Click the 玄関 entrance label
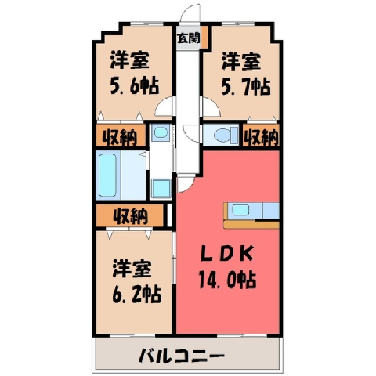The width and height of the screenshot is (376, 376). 188,38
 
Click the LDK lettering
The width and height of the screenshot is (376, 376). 226,253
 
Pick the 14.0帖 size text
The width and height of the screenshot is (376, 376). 227,280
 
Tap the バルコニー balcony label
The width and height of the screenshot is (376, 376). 181,356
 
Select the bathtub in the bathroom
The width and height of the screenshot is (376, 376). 107,175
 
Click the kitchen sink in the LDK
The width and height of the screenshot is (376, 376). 240,210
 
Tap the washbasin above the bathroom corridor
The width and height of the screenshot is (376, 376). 160,132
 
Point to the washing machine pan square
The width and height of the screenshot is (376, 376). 161,188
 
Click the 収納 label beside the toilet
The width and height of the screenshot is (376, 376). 262,137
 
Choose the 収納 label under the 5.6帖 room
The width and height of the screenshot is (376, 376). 120,137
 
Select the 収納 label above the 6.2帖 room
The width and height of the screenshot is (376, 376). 131,216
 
